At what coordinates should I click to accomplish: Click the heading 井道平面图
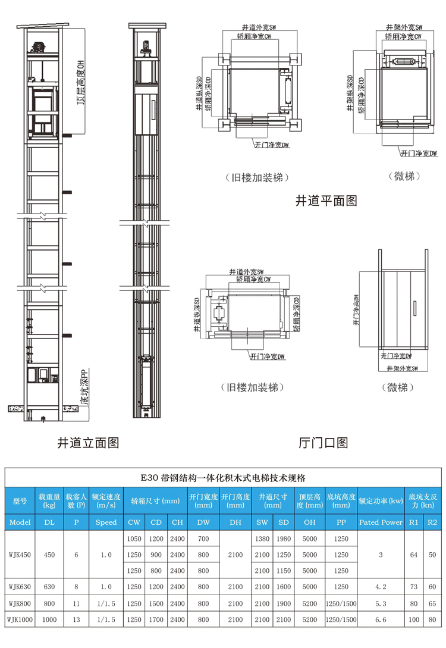pyautogui.click(x=326, y=201)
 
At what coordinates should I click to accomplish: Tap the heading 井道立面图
pyautogui.click(x=89, y=443)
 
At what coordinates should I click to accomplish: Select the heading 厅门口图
pyautogui.click(x=323, y=443)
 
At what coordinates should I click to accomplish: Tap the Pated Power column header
pyautogui.click(x=381, y=522)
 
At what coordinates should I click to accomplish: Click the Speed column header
pyautogui.click(x=106, y=522)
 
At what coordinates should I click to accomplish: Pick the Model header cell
pyautogui.click(x=20, y=522)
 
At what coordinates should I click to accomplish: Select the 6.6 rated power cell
pyautogui.click(x=381, y=620)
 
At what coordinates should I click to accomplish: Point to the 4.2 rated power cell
pyautogui.click(x=381, y=587)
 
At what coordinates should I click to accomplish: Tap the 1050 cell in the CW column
pyautogui.click(x=134, y=539)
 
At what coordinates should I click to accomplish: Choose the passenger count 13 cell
pyautogui.click(x=76, y=620)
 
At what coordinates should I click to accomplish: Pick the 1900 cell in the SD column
pyautogui.click(x=283, y=603)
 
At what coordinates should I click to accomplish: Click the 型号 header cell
pyautogui.click(x=20, y=500)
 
